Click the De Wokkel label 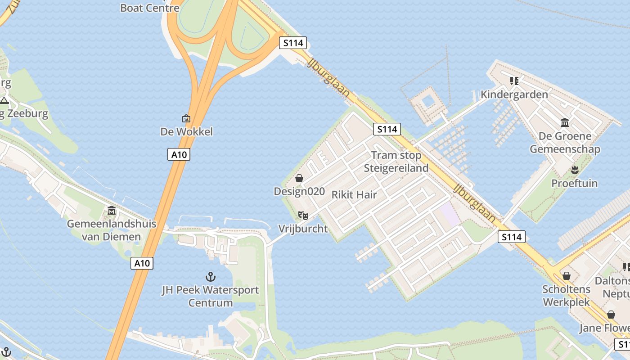[x=186, y=132]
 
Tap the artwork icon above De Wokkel [x=186, y=118]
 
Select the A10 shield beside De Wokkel [x=179, y=155]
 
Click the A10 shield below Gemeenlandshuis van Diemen [x=142, y=263]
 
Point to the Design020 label [x=299, y=191]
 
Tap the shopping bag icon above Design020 [x=299, y=178]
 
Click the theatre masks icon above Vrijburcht [x=303, y=216]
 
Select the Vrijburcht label [x=303, y=229]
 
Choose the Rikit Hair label [x=354, y=195]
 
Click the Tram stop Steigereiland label [x=396, y=162]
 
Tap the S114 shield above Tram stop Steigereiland [x=387, y=130]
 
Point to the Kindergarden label [x=514, y=94]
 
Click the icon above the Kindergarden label [x=514, y=81]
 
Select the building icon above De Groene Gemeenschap [x=565, y=122]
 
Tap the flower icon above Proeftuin [x=574, y=170]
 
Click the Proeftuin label [x=575, y=183]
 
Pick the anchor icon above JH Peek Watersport [x=210, y=276]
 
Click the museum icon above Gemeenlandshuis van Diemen [x=112, y=211]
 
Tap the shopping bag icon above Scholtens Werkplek [x=567, y=276]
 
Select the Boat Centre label [x=150, y=8]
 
